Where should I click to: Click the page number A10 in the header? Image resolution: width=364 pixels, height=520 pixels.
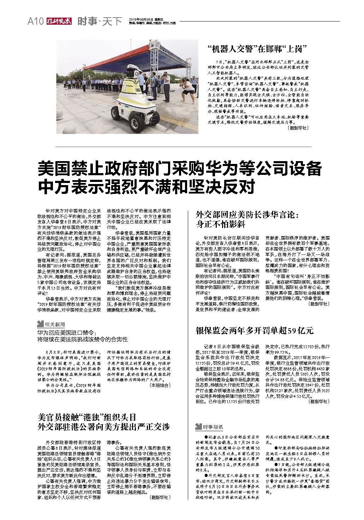click(35, 22)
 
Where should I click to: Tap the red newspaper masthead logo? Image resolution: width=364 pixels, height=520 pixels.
click(58, 22)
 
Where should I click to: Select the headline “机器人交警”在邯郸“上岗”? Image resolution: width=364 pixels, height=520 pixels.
click(256, 49)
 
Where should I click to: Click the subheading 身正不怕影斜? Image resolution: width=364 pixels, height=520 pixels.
click(221, 224)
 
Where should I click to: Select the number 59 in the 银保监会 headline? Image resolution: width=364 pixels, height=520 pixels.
click(292, 331)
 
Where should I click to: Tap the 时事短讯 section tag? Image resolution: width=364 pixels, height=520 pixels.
click(209, 427)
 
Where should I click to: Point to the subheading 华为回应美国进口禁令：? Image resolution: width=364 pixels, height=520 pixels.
click(67, 332)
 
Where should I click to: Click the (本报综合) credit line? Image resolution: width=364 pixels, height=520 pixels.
click(160, 386)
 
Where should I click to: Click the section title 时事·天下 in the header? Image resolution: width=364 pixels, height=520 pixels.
click(100, 22)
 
